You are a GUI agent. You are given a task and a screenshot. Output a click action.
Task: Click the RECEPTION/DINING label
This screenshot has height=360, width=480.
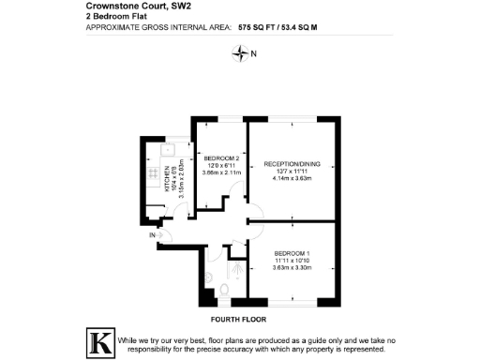[292, 164]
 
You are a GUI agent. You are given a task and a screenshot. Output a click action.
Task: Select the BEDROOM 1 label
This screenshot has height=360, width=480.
[292, 254]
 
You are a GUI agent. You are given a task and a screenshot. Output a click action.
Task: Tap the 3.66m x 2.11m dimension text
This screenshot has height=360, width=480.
[215, 172]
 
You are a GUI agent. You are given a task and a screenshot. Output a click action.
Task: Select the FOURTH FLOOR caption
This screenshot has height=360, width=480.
[239, 319]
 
